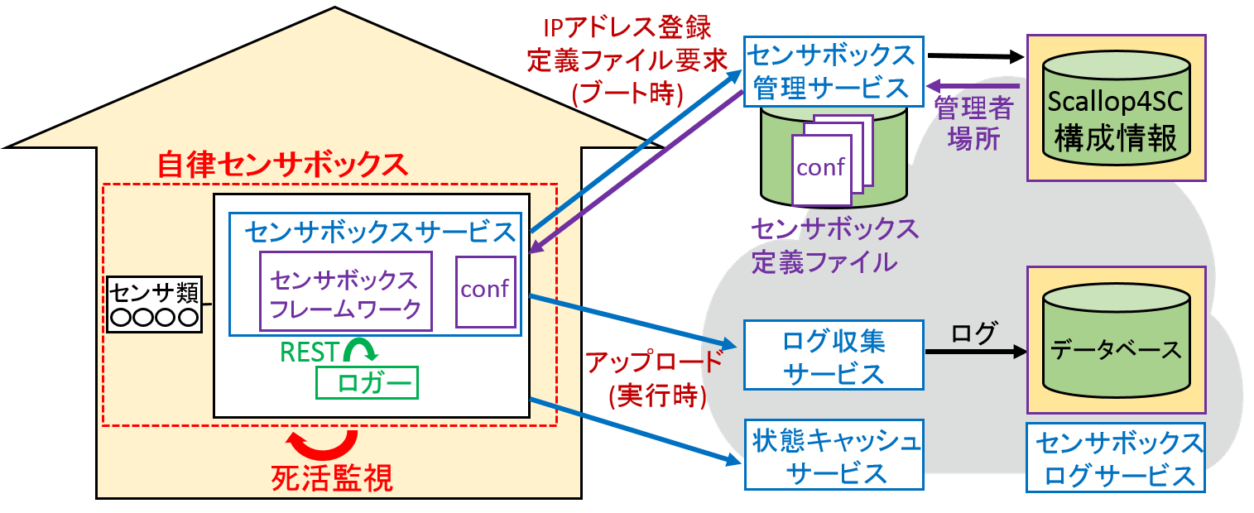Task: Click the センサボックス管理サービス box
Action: click(832, 71)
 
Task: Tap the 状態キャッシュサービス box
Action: click(834, 455)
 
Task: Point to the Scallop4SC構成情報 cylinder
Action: click(1116, 108)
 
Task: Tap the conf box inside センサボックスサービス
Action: click(485, 291)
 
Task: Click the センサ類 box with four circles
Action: click(155, 304)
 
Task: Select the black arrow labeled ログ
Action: click(974, 352)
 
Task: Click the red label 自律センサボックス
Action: click(283, 164)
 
